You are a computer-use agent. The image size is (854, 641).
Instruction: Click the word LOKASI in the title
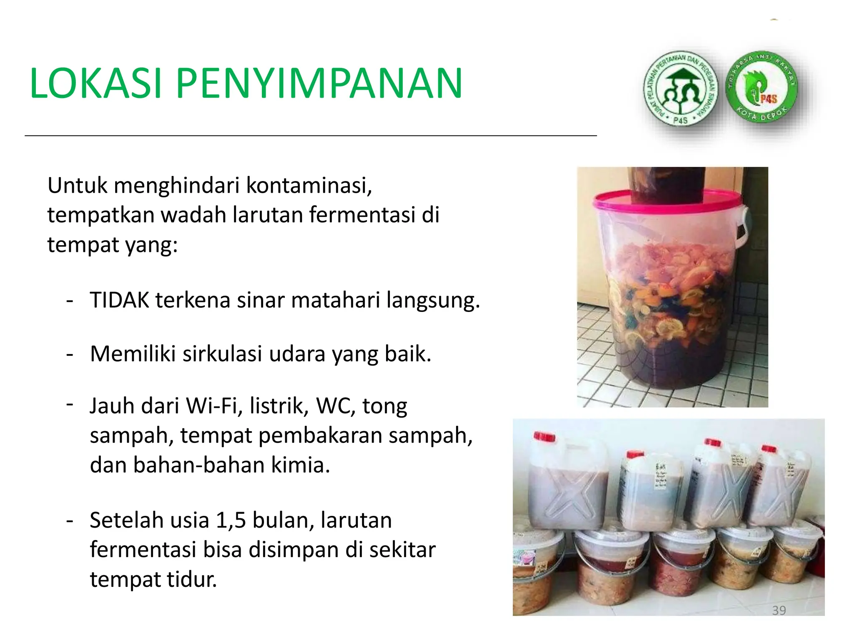tap(95, 83)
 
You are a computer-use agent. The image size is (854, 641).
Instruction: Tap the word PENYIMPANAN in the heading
tap(319, 83)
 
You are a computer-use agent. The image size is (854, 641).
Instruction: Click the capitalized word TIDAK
tap(119, 300)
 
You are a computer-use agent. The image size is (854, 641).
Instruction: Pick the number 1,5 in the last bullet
tap(231, 520)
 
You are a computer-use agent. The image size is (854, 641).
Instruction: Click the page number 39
tap(779, 610)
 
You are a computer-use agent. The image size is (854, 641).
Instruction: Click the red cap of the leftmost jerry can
tap(544, 437)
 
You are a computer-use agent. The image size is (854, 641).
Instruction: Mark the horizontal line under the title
tap(311, 136)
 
